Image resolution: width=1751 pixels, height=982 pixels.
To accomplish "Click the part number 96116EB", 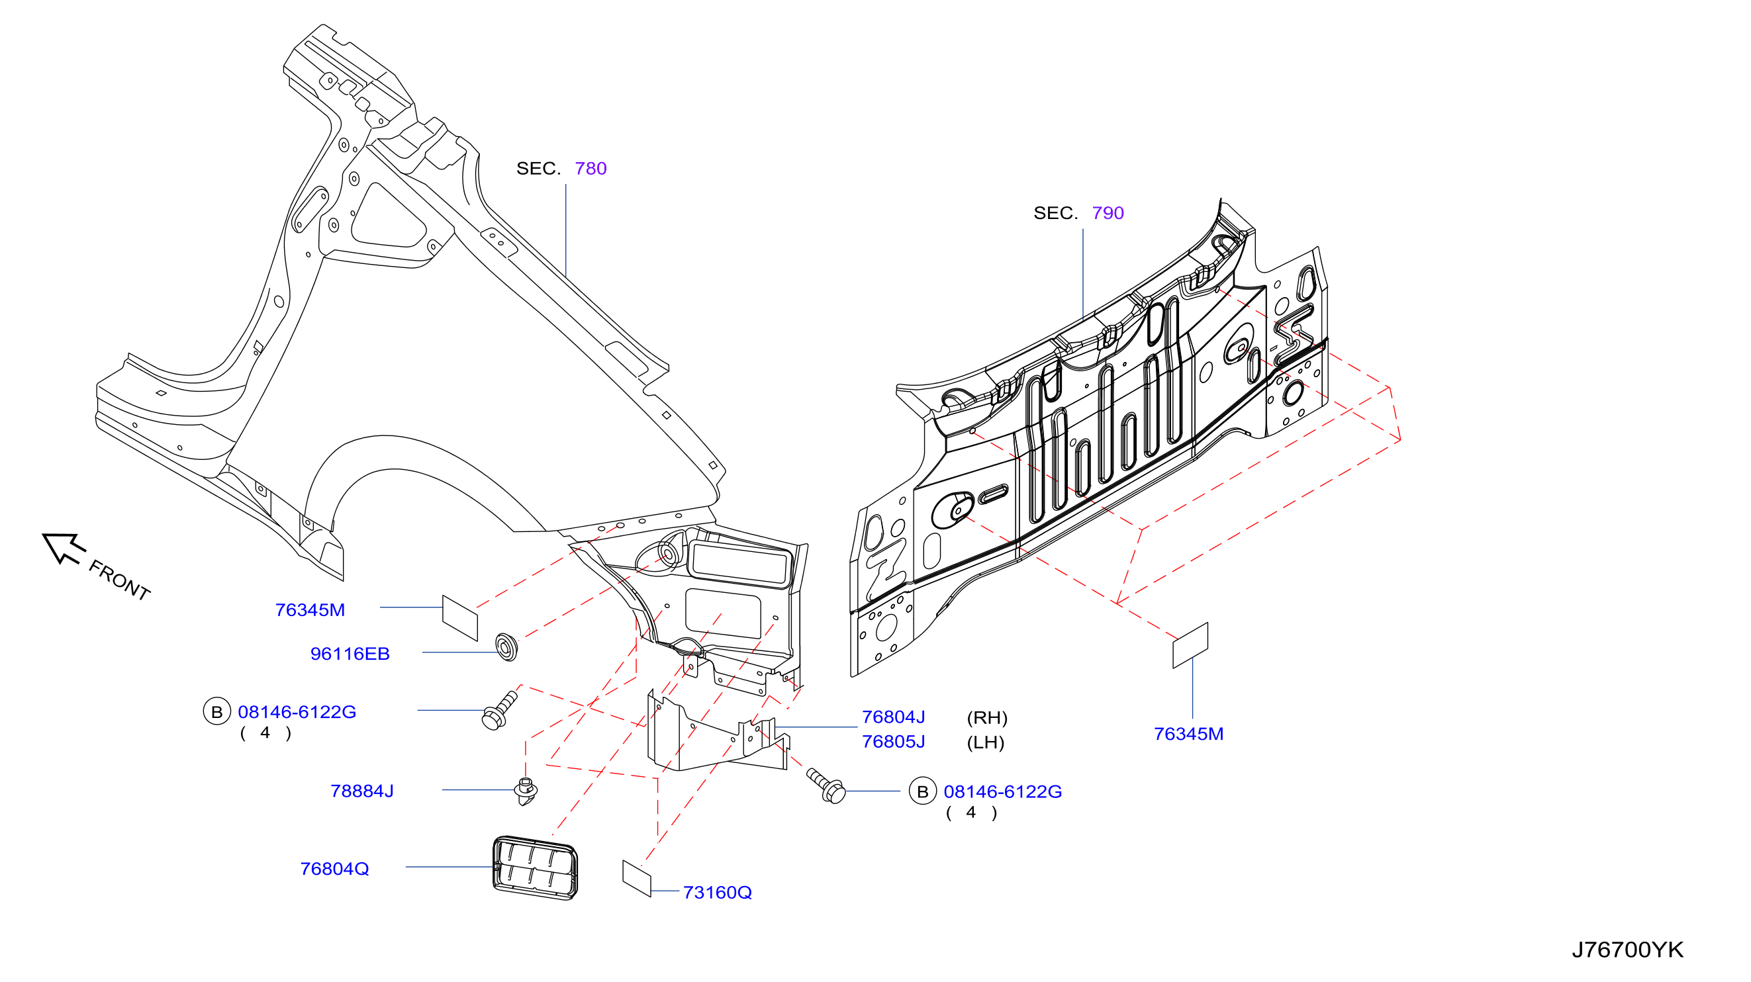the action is pos(350,654).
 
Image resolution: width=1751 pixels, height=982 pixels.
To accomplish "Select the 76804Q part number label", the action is pos(334,868).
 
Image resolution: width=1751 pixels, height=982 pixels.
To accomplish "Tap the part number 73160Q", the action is pos(717,892).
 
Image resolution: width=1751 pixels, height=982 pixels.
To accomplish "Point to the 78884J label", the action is pos(361,791).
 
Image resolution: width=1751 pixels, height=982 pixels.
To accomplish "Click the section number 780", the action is pos(591,169).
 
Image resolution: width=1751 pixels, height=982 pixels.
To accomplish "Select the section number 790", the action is pos(1108,213).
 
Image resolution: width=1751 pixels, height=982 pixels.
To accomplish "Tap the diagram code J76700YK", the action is pos(1627,950).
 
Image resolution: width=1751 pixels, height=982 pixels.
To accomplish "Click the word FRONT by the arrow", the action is pos(120,580).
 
